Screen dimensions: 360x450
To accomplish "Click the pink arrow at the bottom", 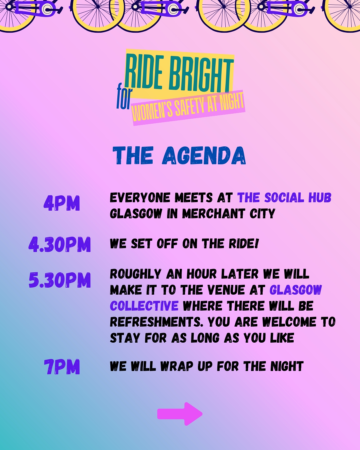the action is [x=180, y=414].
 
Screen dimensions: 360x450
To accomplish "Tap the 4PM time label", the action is [x=62, y=203].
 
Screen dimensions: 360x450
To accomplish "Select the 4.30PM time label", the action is [x=60, y=244].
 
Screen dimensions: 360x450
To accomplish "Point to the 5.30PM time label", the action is [x=60, y=280].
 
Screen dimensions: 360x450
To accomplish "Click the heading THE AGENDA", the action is [x=179, y=155].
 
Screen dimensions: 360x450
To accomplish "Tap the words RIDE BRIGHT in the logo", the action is [x=179, y=73].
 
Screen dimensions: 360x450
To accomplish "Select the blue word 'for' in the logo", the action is [x=124, y=96].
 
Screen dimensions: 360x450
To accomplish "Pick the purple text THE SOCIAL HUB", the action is [x=284, y=197].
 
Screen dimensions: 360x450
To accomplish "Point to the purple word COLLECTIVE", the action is [x=144, y=306].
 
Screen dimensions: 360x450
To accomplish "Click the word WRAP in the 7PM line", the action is [x=177, y=366].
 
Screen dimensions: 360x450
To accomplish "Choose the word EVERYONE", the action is [x=140, y=197].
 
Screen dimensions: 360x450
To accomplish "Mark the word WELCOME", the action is [x=289, y=322].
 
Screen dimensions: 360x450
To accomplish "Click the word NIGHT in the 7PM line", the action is [x=287, y=366].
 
